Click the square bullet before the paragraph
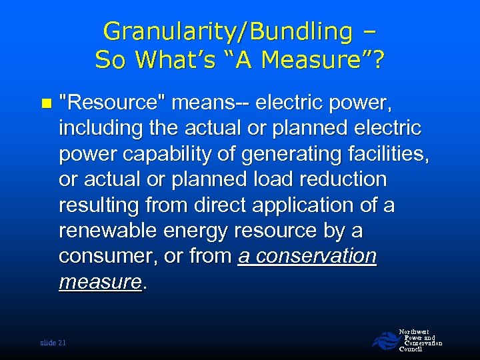point(45,103)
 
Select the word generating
point(293,153)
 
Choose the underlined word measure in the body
point(100,282)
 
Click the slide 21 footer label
point(53,343)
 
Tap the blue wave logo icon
point(385,341)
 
